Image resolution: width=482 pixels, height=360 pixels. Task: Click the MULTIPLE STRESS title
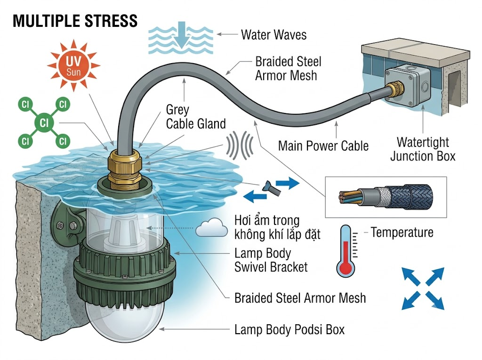75,21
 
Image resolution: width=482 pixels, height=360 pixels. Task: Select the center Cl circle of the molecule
44,123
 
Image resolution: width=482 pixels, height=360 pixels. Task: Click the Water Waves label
273,34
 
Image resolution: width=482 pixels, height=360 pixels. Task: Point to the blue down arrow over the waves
182,34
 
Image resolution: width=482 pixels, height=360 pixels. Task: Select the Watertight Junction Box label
423,149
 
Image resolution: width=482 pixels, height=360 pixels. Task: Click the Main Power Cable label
323,146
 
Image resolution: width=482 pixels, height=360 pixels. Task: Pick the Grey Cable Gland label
196,117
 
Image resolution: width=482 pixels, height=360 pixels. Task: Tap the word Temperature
402,232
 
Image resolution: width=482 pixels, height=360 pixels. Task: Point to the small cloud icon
212,227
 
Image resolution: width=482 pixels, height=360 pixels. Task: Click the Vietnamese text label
277,227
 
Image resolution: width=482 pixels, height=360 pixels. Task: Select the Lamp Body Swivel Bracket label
271,260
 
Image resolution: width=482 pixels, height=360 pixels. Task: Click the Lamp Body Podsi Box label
289,329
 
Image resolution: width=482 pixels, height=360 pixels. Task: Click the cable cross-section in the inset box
386,197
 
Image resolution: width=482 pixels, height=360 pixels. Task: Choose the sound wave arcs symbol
240,145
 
